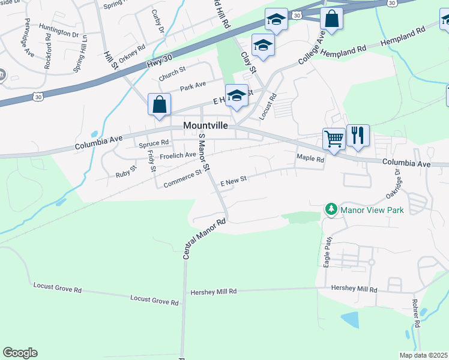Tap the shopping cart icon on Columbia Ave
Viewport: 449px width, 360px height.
334,139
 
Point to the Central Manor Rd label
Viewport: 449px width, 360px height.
204,239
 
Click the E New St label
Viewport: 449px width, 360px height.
234,181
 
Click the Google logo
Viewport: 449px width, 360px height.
20,353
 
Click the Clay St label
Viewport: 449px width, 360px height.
249,62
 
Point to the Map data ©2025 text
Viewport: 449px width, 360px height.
424,355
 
